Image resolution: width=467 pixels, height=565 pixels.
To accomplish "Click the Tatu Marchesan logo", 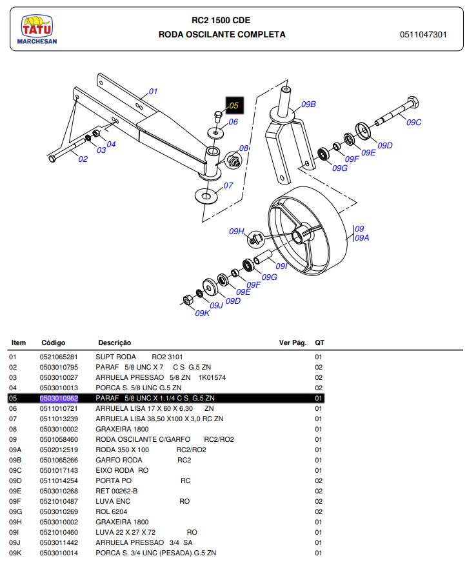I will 37,31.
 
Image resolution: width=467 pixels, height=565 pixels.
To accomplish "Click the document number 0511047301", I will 423,34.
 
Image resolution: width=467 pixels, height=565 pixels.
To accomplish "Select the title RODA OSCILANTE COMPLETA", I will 222,34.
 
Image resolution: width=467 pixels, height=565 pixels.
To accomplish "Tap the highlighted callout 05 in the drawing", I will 234,104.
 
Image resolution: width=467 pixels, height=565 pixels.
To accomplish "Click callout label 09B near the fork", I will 308,104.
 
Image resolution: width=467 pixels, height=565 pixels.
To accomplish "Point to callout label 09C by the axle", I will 413,122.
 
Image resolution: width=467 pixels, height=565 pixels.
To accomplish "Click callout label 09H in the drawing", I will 237,231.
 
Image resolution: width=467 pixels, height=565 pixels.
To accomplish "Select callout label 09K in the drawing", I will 203,313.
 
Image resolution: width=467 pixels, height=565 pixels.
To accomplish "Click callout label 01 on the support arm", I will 153,92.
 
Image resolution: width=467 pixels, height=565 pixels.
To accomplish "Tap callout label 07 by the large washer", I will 228,186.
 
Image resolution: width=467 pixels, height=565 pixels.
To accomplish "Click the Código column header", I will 54,342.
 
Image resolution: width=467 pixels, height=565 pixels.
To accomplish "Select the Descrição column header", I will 115,342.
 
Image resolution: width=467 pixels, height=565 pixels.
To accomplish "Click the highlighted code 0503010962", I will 59,398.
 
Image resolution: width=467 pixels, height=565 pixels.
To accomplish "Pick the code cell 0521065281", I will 59,357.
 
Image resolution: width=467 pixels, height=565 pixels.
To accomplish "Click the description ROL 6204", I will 113,511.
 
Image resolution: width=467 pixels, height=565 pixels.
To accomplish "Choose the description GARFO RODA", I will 119,460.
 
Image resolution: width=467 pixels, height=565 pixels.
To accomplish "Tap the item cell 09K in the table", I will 15,553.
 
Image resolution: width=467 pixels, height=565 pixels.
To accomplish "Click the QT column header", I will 319,342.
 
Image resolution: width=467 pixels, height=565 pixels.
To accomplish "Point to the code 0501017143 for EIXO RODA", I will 59,470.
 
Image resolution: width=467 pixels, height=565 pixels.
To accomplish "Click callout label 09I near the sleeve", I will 281,266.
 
